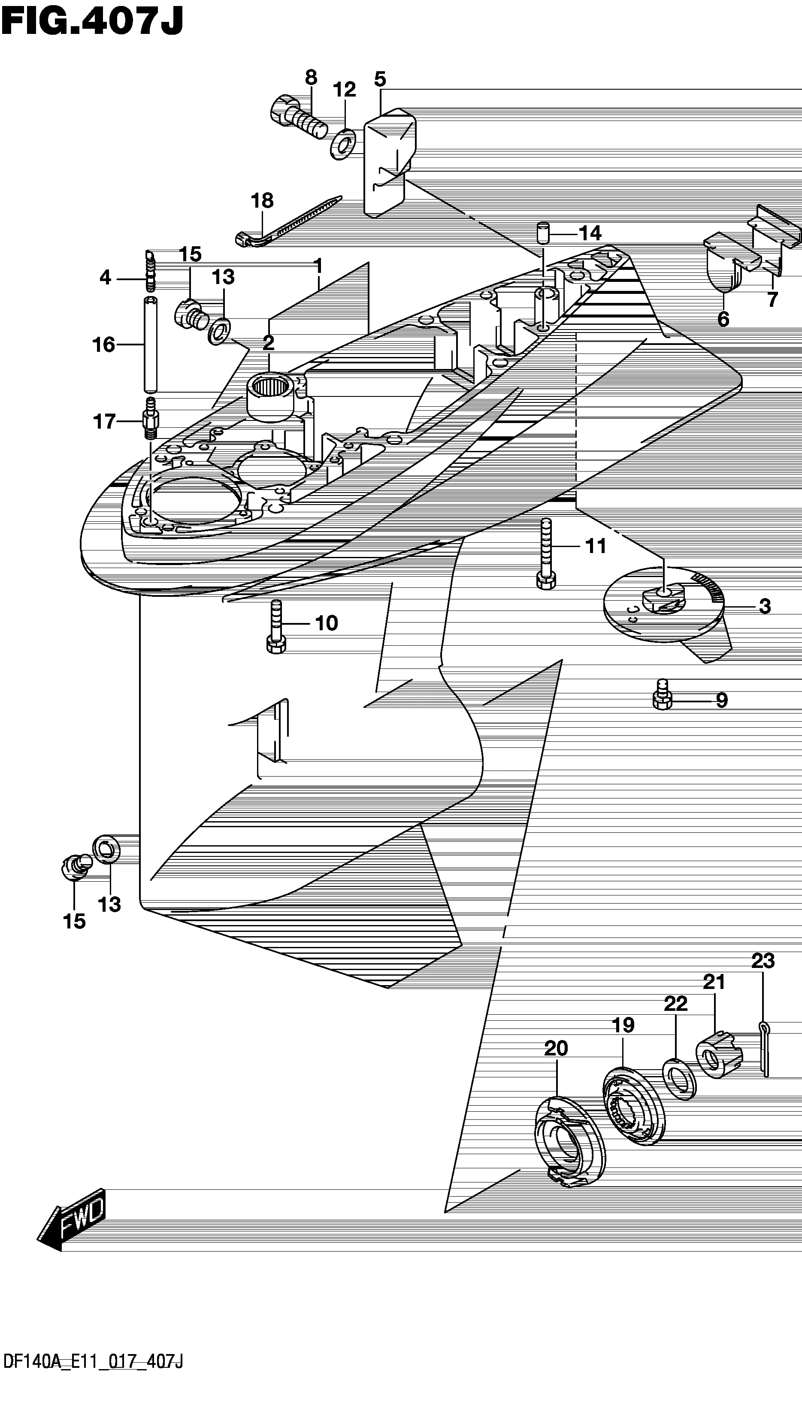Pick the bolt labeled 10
276,627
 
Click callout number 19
623,1025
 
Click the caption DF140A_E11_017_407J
93,1388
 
